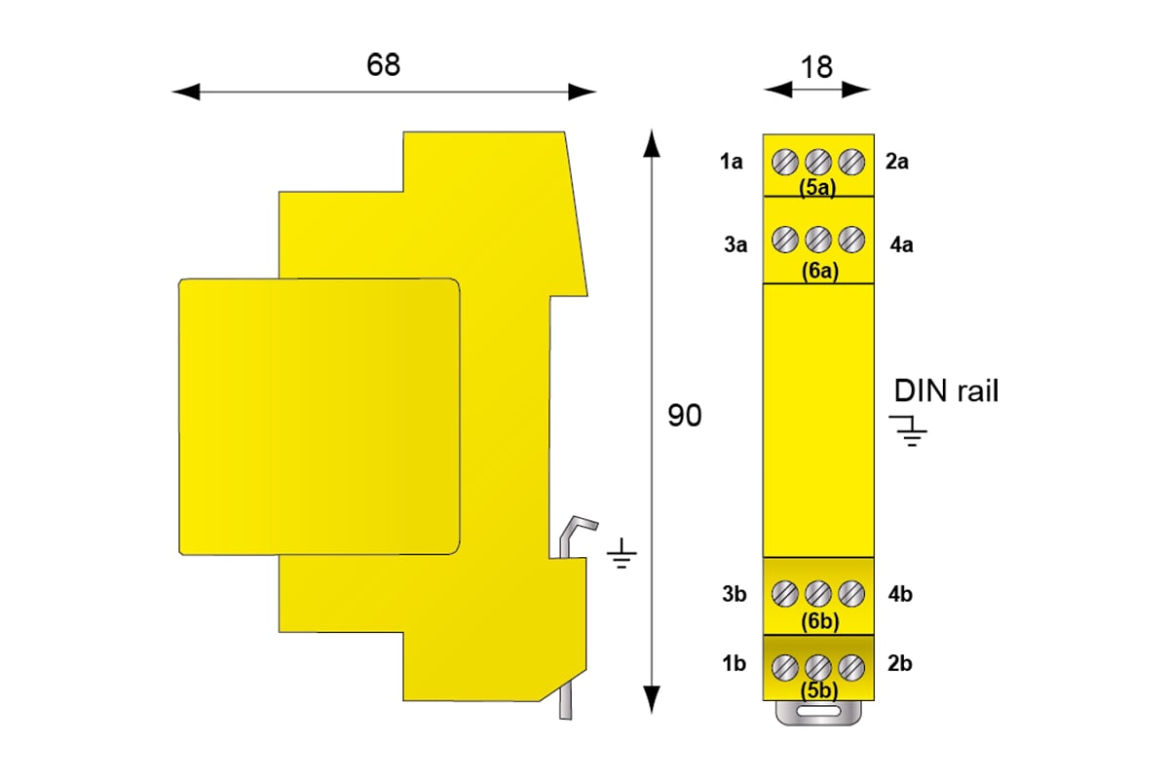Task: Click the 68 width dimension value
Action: tap(383, 64)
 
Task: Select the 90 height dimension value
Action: tap(684, 416)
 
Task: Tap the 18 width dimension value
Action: tap(816, 67)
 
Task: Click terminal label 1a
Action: tap(732, 162)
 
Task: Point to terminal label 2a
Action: tap(897, 162)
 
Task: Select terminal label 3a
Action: tap(735, 244)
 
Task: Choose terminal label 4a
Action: tap(902, 244)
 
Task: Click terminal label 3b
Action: tap(735, 594)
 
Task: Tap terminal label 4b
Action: tap(900, 594)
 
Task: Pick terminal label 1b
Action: tap(734, 663)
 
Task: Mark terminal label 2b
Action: tap(900, 663)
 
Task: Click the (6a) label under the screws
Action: tap(820, 271)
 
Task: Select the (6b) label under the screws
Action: tap(820, 621)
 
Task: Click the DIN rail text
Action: tap(946, 390)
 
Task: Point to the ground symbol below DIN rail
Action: tap(910, 431)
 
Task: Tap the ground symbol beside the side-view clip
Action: tap(622, 553)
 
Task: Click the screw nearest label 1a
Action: tap(785, 162)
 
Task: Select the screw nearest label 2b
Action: tap(851, 668)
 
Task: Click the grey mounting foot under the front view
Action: tap(818, 713)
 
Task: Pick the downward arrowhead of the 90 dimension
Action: tap(652, 699)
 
